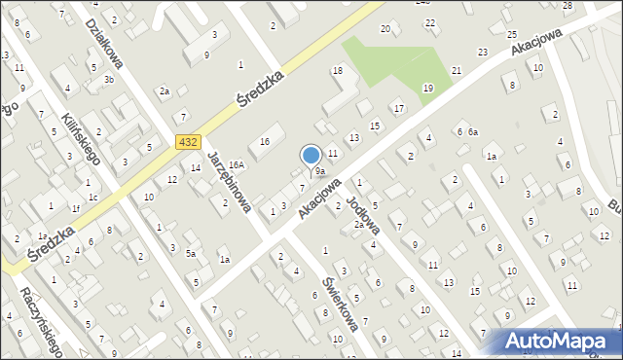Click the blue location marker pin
pos(311,157)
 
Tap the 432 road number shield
pos(189,142)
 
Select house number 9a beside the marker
pos(319,172)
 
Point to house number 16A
pos(237,166)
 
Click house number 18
pos(338,71)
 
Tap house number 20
pos(385,29)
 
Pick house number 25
pos(512,34)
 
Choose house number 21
pos(457,71)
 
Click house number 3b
pos(109,80)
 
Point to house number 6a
pos(473,132)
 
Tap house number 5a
pos(192,254)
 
